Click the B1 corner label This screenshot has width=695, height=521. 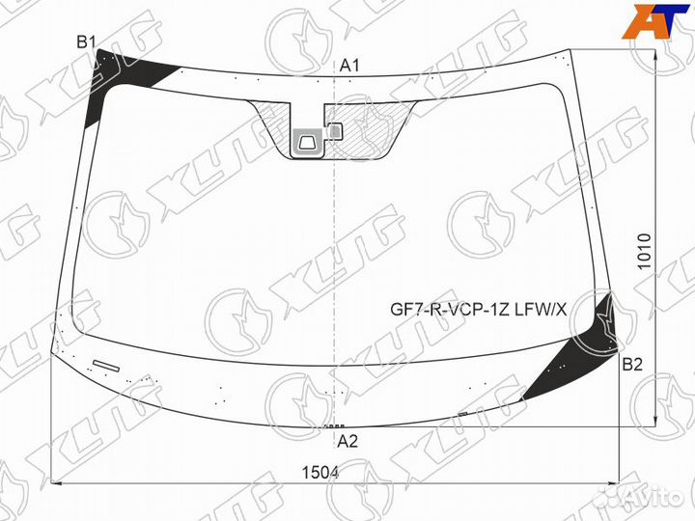click(87, 42)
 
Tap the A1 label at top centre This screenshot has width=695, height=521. click(349, 66)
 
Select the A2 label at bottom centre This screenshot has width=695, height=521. click(347, 441)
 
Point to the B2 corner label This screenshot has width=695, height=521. click(632, 365)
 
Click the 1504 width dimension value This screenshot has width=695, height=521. click(320, 473)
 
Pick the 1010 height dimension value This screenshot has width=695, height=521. click(644, 251)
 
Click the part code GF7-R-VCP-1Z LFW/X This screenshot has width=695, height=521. click(478, 310)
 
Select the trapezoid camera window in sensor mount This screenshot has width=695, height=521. click(308, 143)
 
